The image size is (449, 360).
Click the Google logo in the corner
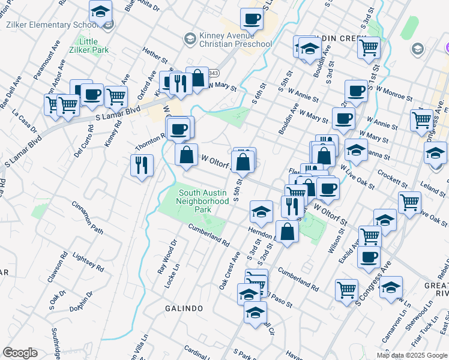[x=20, y=353]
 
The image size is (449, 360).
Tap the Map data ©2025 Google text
[x=412, y=355]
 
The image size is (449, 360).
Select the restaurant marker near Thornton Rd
[x=142, y=164]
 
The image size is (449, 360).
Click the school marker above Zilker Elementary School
[x=100, y=11]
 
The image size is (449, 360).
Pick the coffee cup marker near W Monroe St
[x=357, y=91]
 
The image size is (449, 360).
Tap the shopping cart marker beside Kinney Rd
[x=116, y=95]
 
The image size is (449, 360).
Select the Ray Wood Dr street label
[x=166, y=257]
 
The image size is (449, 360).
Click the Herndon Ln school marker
[x=261, y=212]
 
